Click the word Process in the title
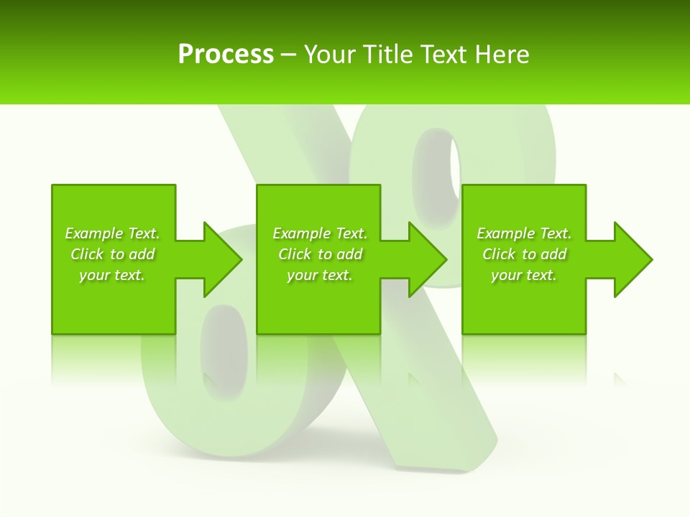pyautogui.click(x=226, y=54)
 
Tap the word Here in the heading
pyautogui.click(x=502, y=54)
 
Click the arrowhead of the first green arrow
pyautogui.click(x=222, y=259)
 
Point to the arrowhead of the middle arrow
pyautogui.click(x=428, y=259)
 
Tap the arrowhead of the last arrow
pyautogui.click(x=632, y=259)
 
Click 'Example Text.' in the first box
pyautogui.click(x=112, y=233)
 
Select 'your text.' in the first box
pyautogui.click(x=112, y=275)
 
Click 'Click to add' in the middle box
pyautogui.click(x=320, y=254)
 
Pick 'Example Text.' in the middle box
pyautogui.click(x=320, y=233)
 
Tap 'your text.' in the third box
pyautogui.click(x=524, y=275)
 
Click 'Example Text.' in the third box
pyautogui.click(x=524, y=233)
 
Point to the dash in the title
pyautogui.click(x=288, y=55)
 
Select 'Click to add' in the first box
pyautogui.click(x=112, y=254)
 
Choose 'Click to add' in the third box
pyautogui.click(x=524, y=254)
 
